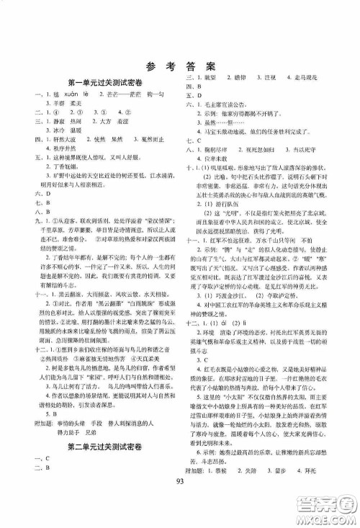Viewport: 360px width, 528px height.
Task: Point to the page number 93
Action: [x=180, y=501]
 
